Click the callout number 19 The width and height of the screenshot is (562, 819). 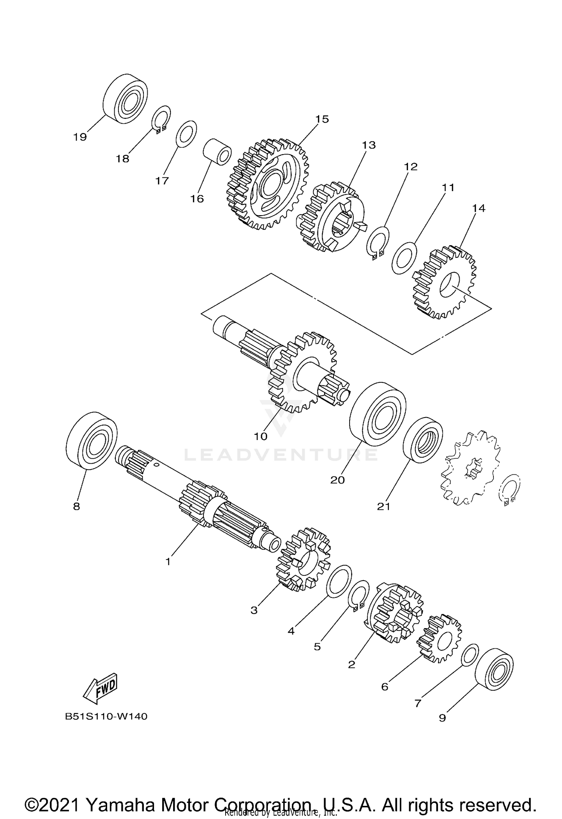point(80,137)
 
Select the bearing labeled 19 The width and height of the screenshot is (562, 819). point(125,98)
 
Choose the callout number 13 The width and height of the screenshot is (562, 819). point(369,145)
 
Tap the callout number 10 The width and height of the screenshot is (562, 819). point(261,436)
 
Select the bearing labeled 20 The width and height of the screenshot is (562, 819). point(378,413)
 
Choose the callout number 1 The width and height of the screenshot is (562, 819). point(168,561)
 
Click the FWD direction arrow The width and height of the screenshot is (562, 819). point(101,688)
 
